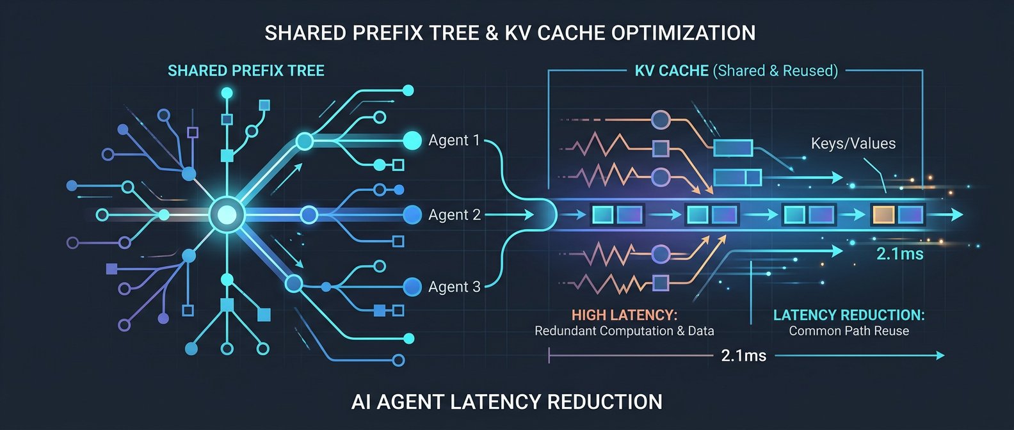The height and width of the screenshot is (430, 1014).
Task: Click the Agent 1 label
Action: (454, 140)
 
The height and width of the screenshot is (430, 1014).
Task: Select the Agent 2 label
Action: (455, 214)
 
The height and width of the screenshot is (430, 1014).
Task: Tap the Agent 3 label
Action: (455, 287)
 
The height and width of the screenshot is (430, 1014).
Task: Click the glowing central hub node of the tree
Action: (227, 214)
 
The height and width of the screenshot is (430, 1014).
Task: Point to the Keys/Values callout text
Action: (853, 143)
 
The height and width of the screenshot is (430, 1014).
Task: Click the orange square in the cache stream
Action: (883, 214)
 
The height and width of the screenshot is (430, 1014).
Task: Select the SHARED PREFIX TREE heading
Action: (246, 70)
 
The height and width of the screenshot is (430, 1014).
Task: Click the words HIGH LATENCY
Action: (624, 315)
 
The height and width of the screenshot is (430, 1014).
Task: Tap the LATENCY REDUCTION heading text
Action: (849, 315)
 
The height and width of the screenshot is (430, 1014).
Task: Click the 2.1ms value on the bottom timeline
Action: (744, 356)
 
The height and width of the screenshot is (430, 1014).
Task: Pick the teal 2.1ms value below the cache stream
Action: (900, 254)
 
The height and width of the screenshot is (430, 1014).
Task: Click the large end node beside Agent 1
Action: (412, 140)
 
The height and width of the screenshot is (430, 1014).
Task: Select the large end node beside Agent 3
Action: (412, 287)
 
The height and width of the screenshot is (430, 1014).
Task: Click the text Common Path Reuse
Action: (849, 331)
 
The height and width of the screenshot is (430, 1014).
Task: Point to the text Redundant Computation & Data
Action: (624, 331)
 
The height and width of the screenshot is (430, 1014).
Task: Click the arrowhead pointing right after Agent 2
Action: (529, 214)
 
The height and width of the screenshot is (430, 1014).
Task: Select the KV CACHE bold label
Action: (672, 70)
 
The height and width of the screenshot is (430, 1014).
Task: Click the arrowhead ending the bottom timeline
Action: (940, 356)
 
